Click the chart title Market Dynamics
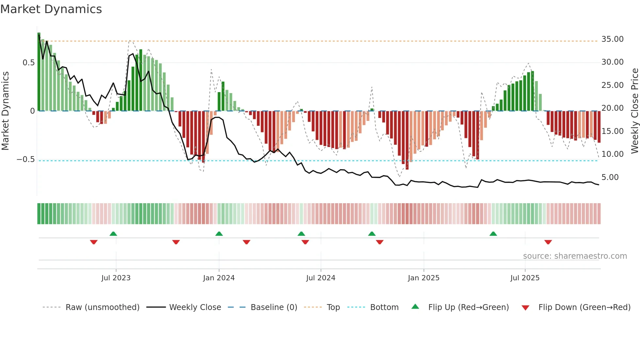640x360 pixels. (x=51, y=9)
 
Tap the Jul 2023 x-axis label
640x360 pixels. (x=116, y=278)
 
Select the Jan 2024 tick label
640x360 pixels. (x=219, y=278)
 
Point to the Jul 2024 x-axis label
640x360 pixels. (x=321, y=278)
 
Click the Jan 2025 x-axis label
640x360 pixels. (x=424, y=278)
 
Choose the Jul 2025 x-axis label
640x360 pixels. (x=525, y=278)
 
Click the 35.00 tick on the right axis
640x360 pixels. (x=612, y=39)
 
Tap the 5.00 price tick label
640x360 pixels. (x=610, y=177)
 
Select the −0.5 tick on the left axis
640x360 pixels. (x=26, y=159)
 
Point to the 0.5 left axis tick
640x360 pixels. (x=29, y=63)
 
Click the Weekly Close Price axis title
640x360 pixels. (x=634, y=111)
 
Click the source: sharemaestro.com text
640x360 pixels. (x=575, y=256)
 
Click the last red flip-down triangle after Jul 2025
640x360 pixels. (x=548, y=242)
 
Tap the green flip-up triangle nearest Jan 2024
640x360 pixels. (x=219, y=234)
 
